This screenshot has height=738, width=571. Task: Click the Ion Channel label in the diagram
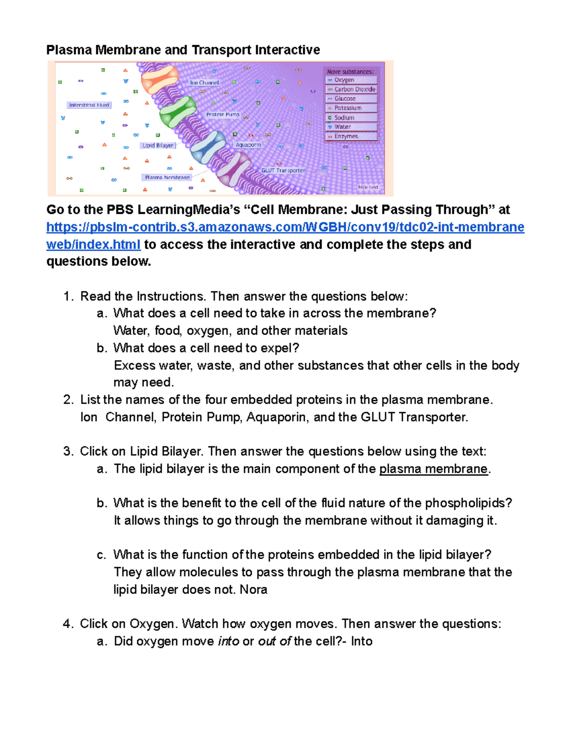(x=204, y=83)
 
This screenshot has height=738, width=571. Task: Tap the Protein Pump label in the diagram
(x=223, y=115)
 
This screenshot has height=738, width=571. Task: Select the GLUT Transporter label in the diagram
(x=283, y=170)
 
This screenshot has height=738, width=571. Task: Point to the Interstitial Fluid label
(x=89, y=105)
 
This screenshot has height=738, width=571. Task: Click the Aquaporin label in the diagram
(x=248, y=145)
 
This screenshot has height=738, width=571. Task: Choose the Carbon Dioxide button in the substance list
(x=352, y=89)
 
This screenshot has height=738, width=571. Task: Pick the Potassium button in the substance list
(x=352, y=108)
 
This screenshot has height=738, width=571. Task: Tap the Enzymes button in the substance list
(x=352, y=136)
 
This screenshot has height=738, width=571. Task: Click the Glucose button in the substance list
(x=352, y=98)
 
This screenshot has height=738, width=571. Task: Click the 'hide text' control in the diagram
(x=368, y=187)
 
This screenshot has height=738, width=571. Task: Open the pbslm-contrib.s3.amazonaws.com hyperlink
(x=285, y=227)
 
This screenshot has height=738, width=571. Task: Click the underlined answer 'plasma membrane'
(x=433, y=469)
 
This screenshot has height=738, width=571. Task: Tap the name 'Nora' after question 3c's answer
(x=253, y=590)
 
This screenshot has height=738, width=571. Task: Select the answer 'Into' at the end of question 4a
(x=362, y=642)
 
